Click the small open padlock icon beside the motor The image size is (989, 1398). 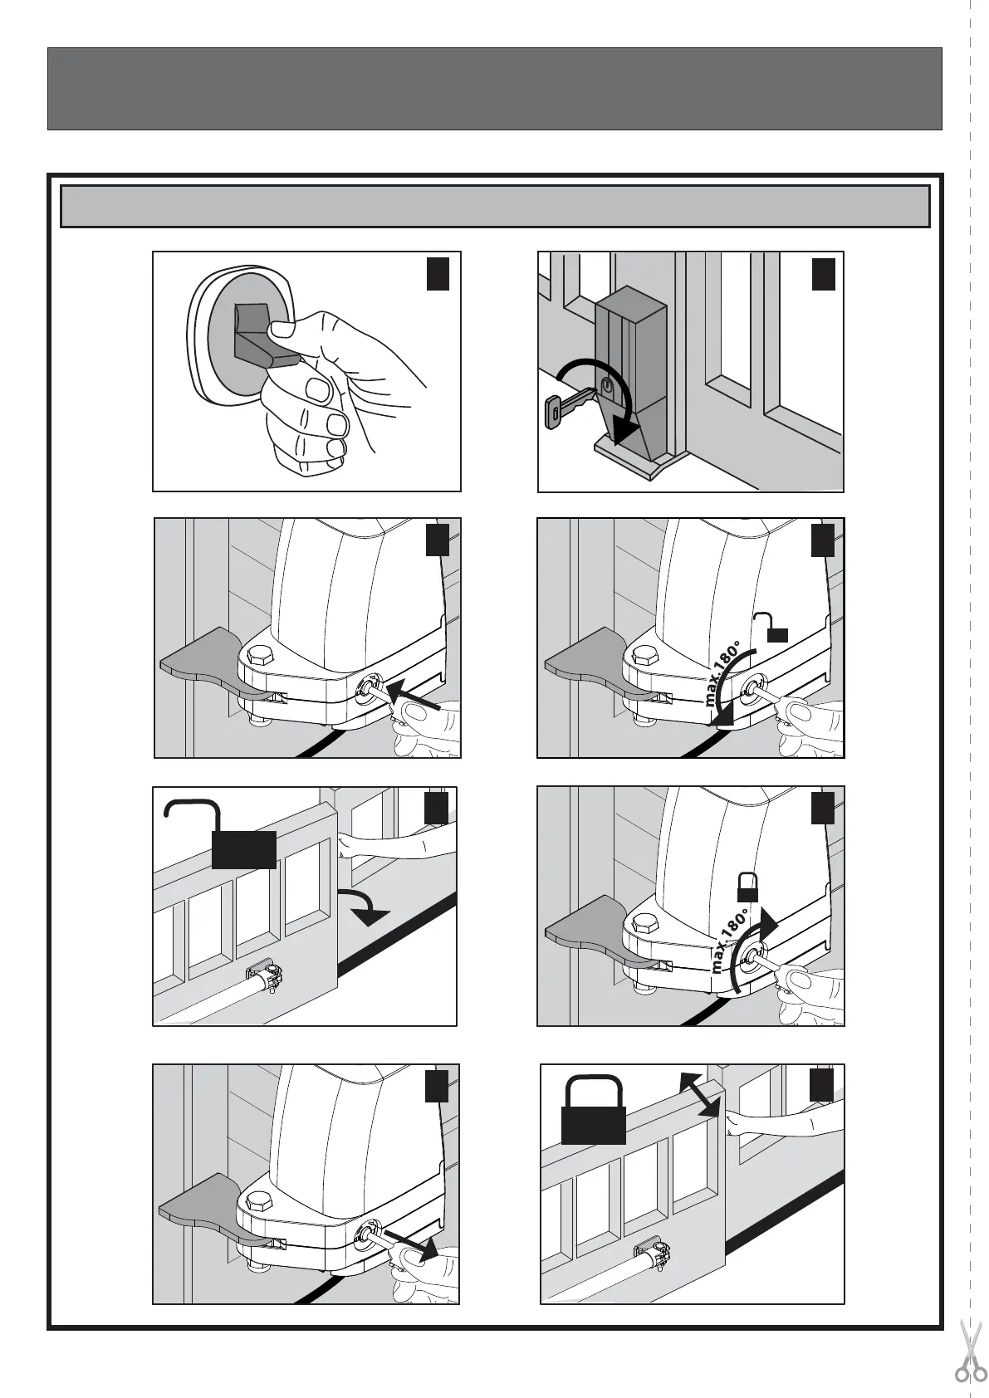771,628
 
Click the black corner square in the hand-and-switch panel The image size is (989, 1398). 438,274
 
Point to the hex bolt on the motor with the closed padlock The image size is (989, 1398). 644,924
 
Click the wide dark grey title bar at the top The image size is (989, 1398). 494,89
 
